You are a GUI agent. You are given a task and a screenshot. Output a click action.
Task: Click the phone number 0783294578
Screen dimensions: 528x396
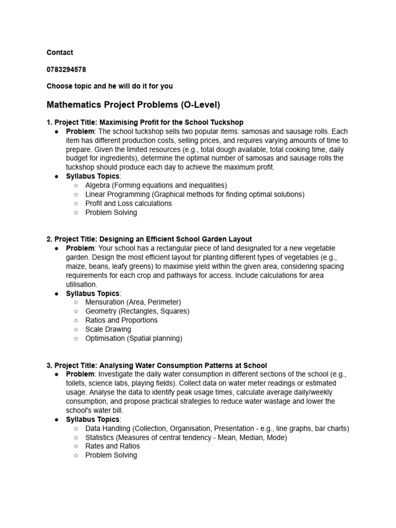pos(66,69)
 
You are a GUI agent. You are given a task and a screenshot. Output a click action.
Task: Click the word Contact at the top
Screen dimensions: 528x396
pos(60,52)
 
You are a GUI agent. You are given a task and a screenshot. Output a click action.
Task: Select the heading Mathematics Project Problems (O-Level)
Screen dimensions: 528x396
pos(133,105)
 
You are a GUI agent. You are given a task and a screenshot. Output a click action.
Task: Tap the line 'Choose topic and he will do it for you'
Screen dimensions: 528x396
pos(113,86)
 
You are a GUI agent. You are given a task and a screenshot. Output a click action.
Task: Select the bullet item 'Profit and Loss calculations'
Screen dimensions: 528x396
pos(128,203)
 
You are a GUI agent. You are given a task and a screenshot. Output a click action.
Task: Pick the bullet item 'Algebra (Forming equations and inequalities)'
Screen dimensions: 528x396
pos(156,185)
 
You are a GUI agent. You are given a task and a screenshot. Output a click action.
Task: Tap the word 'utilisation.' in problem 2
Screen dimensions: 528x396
pos(81,284)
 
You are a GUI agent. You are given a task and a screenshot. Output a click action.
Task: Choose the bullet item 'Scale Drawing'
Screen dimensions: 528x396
pos(108,329)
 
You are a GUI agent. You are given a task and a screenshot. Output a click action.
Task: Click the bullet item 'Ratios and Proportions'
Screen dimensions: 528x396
pos(122,320)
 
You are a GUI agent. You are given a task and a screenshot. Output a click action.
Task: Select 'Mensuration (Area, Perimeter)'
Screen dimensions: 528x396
pos(133,302)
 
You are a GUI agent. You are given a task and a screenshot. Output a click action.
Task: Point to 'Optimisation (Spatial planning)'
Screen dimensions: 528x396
pos(134,338)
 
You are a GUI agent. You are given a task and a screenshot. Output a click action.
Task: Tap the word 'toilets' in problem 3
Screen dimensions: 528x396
pos(76,383)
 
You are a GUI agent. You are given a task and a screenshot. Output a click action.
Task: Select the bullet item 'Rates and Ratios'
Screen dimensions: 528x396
pos(112,446)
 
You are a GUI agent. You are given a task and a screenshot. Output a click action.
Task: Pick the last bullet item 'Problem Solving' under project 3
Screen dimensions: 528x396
pos(111,455)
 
